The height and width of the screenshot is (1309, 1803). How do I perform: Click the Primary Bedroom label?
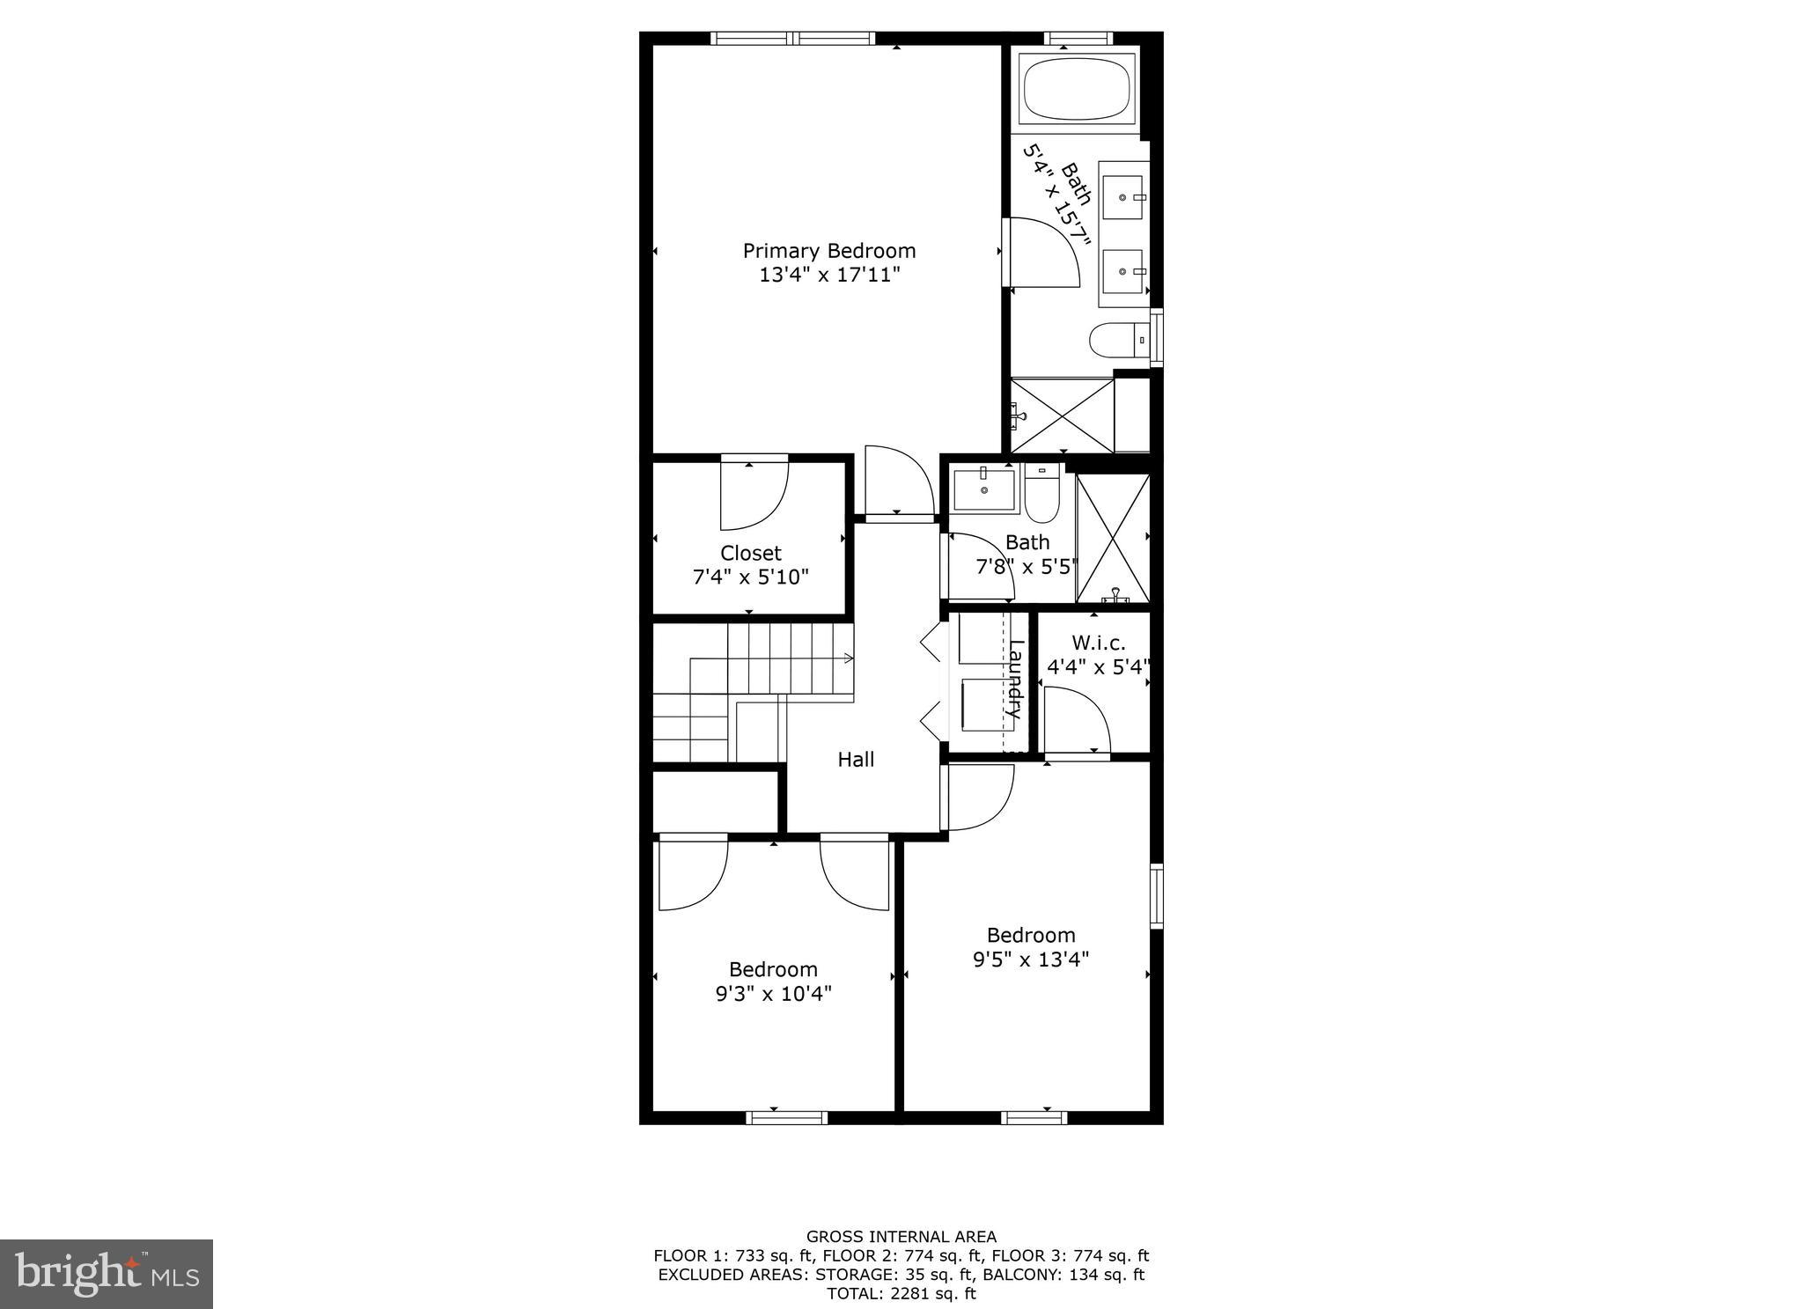coord(828,251)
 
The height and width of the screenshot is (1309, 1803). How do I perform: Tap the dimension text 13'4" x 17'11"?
coord(828,275)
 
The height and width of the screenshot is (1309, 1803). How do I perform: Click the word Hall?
coord(856,760)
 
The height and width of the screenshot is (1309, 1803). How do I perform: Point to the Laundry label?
coord(1015,679)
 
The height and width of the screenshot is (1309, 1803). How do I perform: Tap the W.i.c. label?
coord(1098,643)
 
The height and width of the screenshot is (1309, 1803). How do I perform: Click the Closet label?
coord(750,553)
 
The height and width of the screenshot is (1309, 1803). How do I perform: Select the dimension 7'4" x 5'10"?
coord(750,577)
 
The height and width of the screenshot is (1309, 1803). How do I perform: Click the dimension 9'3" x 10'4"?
coord(773,994)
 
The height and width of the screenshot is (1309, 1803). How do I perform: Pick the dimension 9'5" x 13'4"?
coord(1030,960)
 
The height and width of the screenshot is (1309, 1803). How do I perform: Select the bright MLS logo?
coord(107,1274)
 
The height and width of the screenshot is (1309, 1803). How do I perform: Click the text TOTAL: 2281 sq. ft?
coord(901,1293)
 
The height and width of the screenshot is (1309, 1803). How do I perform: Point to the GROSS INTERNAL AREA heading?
coord(901,1237)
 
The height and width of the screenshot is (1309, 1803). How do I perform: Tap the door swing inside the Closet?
coord(754,496)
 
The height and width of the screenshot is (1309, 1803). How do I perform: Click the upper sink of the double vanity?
coord(1123,198)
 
